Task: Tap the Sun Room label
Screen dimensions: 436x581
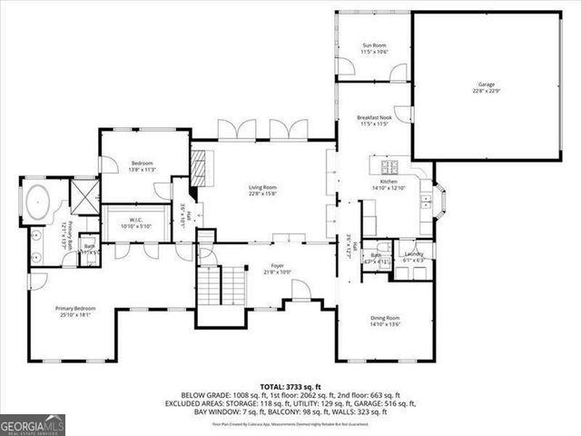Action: (x=374, y=45)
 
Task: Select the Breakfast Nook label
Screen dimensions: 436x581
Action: (x=374, y=117)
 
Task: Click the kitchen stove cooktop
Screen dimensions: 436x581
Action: (x=391, y=166)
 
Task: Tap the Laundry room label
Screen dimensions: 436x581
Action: (x=414, y=254)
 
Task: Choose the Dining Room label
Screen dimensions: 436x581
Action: (x=385, y=318)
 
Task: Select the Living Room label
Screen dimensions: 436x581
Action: (x=262, y=188)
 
